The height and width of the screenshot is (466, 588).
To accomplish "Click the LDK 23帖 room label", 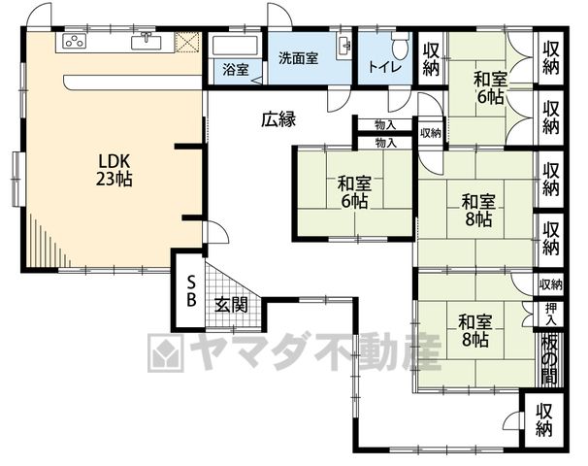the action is (x=114, y=170).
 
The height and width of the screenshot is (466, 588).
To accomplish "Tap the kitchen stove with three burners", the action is (x=75, y=41).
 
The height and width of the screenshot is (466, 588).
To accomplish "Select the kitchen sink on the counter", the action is (x=147, y=41).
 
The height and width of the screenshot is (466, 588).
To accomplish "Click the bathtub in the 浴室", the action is (x=235, y=46).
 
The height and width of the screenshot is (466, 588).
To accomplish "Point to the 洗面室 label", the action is (x=299, y=58).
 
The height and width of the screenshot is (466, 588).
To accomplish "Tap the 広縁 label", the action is (x=278, y=119).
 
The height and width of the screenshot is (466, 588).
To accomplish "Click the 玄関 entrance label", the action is (x=232, y=305).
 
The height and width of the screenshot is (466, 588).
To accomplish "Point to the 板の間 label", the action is (x=549, y=359).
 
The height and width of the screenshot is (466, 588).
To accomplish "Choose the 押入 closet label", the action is (x=550, y=314).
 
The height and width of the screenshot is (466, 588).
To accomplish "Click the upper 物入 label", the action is (x=385, y=125).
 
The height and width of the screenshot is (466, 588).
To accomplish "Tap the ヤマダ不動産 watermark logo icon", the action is (x=166, y=351).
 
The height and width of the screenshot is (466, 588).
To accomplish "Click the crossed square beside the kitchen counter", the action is (x=187, y=42).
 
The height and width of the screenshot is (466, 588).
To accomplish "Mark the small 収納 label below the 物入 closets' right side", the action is (x=431, y=133).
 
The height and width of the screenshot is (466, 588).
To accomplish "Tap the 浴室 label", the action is (x=236, y=70).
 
